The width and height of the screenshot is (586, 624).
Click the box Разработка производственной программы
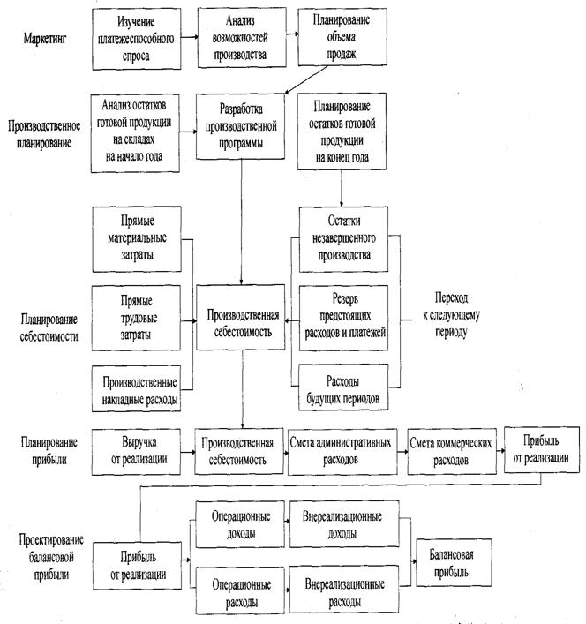pyautogui.click(x=242, y=126)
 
